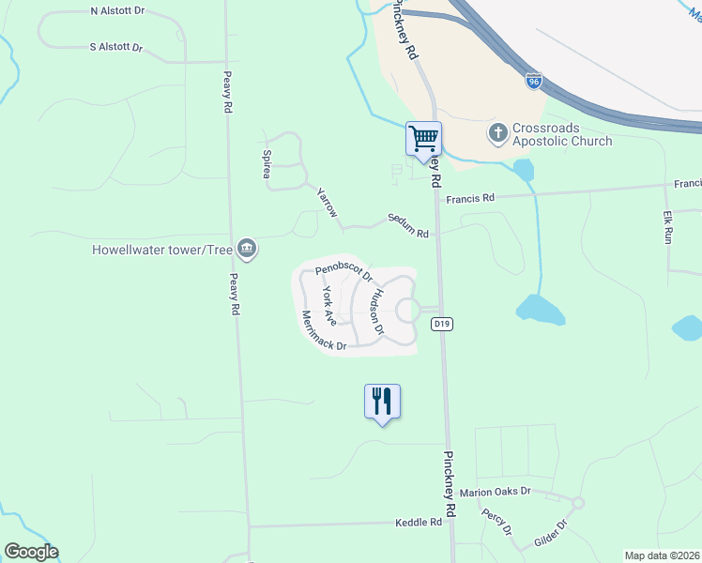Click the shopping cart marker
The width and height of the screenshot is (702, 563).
click(x=423, y=138)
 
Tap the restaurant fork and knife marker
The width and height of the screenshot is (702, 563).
click(x=382, y=402)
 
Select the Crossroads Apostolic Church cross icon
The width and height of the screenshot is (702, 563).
click(x=496, y=132)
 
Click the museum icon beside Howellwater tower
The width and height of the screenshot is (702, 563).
click(x=249, y=249)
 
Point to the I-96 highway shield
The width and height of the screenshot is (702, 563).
click(x=533, y=82)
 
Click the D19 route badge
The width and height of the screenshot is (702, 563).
click(x=443, y=324)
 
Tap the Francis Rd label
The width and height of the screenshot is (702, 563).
click(x=470, y=198)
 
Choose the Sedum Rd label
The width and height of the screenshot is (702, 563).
click(x=408, y=226)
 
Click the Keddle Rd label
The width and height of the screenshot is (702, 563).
click(x=419, y=522)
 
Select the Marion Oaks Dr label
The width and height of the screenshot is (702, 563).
click(x=497, y=492)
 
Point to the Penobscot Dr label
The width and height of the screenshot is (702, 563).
click(x=344, y=272)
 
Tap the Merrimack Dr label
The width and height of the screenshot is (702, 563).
click(x=323, y=331)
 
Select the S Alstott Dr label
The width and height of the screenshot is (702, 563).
click(x=115, y=46)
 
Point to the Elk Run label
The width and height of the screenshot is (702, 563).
click(x=668, y=228)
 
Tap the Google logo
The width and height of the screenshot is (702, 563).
click(x=31, y=552)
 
